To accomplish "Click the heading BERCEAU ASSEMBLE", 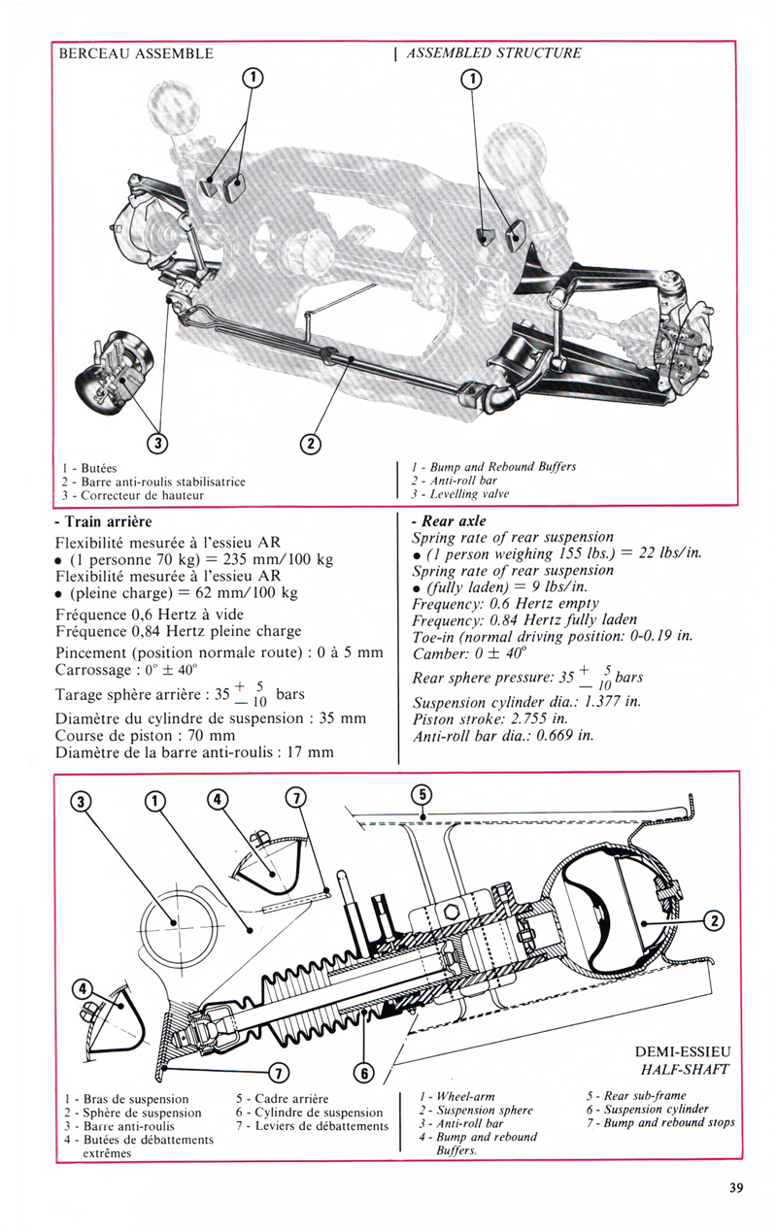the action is (x=136, y=53).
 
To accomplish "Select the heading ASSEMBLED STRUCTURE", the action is (x=493, y=52).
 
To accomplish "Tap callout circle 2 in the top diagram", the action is (x=311, y=443).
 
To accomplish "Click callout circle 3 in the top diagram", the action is (x=157, y=443).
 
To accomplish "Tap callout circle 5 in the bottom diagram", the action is (x=422, y=794).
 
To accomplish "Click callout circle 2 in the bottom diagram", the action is (x=714, y=920).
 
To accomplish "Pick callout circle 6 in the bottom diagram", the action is (x=365, y=1073).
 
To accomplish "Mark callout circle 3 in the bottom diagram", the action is (x=81, y=802).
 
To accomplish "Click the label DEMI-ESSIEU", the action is (x=683, y=1051).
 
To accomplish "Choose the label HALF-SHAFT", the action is (x=685, y=1069).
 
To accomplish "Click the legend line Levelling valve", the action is (x=461, y=493).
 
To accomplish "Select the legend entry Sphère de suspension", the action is (x=132, y=1113).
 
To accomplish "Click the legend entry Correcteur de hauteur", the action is (x=132, y=495).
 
